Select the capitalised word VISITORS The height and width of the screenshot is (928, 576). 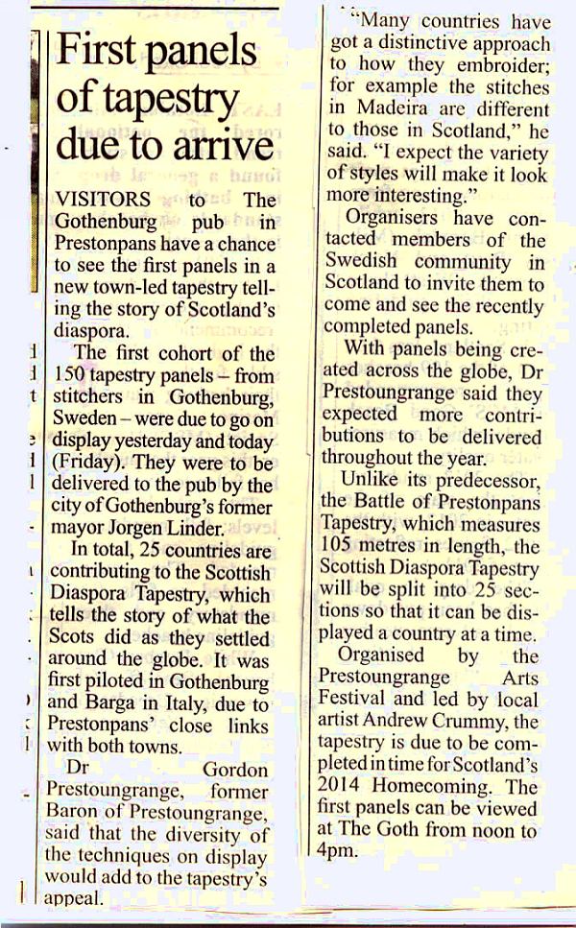[103, 200]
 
